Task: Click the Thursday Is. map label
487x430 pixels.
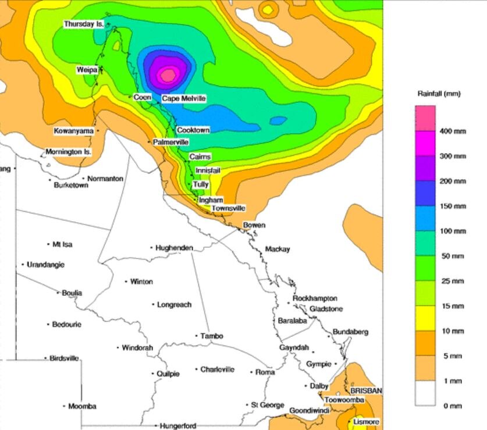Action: [83, 24]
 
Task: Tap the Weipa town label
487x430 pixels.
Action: [87, 70]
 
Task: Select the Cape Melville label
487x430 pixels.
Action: [183, 99]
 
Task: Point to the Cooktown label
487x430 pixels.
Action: [193, 130]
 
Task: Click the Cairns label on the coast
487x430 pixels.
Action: [200, 157]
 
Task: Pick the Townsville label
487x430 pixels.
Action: [228, 208]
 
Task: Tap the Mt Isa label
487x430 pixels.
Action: [62, 244]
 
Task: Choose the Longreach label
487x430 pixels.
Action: [174, 304]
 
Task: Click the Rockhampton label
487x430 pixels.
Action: [315, 298]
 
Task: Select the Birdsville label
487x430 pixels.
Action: [64, 358]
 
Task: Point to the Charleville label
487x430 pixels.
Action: [218, 369]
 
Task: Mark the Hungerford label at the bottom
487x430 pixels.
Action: [178, 426]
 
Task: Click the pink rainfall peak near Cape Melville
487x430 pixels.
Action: [168, 74]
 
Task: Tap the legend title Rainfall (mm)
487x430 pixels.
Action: [439, 93]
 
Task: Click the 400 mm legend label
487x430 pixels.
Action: [453, 132]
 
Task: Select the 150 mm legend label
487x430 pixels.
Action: [453, 206]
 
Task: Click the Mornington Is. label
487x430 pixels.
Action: [69, 152]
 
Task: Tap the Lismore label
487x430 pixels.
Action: [366, 422]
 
